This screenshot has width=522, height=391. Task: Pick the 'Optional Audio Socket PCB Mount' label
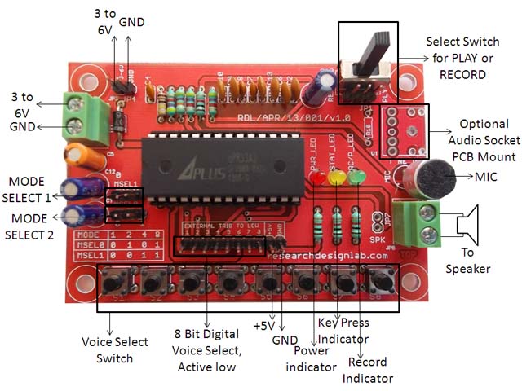[486, 139]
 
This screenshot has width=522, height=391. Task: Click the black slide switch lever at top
[377, 49]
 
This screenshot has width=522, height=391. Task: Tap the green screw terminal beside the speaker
[425, 223]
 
